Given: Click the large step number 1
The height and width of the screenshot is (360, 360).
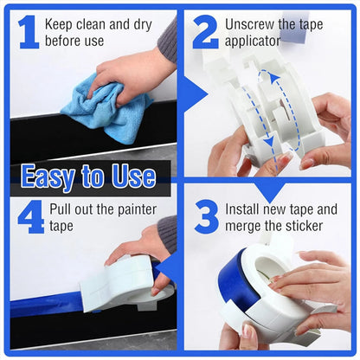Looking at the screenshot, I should [x=28, y=31].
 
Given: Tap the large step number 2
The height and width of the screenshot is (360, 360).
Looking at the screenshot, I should [x=205, y=31].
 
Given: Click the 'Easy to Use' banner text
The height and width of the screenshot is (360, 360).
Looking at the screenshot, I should [x=88, y=177].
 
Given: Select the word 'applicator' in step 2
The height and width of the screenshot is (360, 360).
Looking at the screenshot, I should [x=253, y=41].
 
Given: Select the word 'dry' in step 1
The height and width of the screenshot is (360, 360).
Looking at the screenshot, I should [x=141, y=23].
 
